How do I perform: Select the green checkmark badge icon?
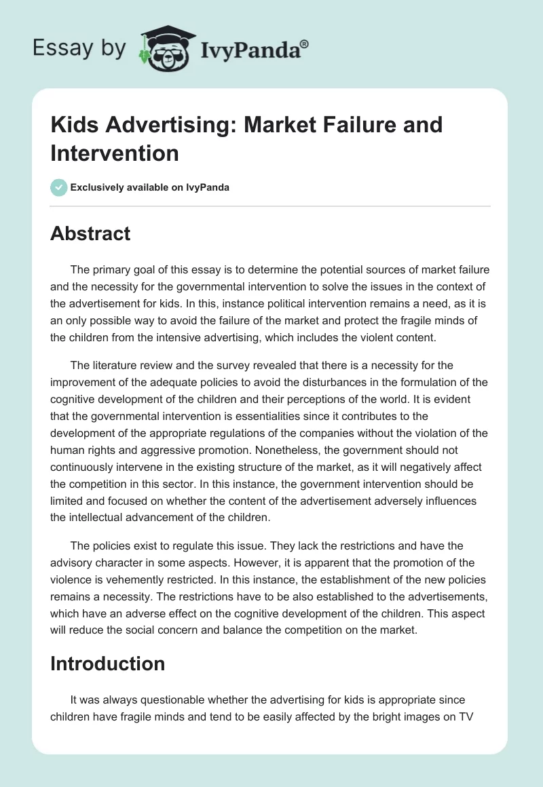[59, 187]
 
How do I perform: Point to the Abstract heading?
[90, 233]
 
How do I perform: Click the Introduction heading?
[107, 663]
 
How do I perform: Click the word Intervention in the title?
[115, 153]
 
